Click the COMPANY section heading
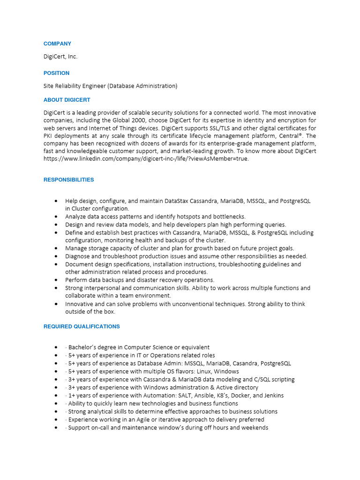[57, 44]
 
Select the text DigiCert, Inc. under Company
[60, 57]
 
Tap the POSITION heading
[56, 73]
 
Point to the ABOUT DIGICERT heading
[67, 100]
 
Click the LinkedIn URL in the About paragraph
[146, 158]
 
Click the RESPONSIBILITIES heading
[68, 180]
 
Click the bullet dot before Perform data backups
[56, 280]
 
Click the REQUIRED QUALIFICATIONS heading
[82, 326]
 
